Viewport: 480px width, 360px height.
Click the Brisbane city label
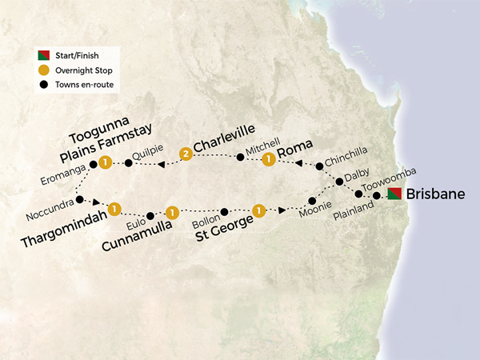click(435, 194)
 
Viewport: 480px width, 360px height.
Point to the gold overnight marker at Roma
click(269, 160)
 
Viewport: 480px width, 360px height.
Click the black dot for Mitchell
click(238, 157)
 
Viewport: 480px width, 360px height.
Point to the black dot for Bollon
click(225, 212)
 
